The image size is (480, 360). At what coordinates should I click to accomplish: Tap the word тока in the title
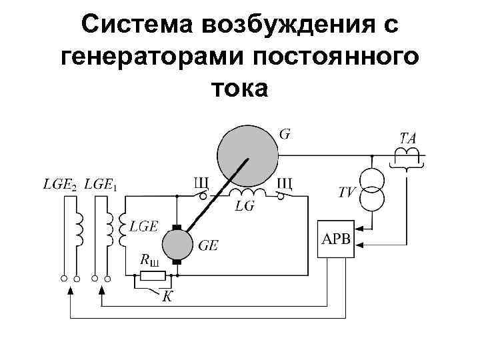tap(239, 87)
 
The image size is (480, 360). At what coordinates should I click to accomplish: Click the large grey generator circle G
tap(247, 153)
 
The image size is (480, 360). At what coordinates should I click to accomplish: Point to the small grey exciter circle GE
tap(177, 244)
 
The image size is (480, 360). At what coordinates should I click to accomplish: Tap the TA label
tap(407, 139)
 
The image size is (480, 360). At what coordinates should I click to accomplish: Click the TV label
tap(347, 193)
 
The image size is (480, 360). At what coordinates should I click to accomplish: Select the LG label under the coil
tap(245, 207)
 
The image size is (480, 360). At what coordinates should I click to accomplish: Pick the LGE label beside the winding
tap(143, 227)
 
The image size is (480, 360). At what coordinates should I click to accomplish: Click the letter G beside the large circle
tap(285, 134)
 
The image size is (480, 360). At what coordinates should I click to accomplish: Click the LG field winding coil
tap(247, 193)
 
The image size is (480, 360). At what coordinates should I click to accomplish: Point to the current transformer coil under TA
tap(407, 155)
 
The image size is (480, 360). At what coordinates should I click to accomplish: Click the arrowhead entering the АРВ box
tap(357, 247)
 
